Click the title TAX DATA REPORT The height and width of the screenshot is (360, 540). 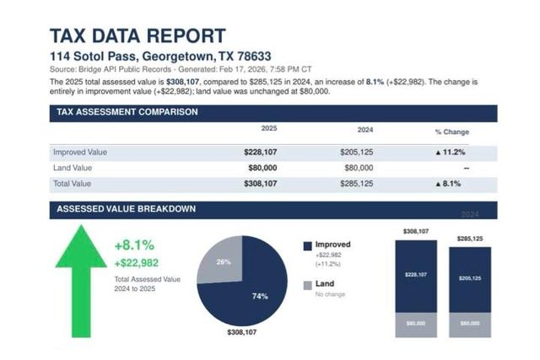pyautogui.click(x=138, y=35)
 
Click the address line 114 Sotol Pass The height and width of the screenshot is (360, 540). pyautogui.click(x=154, y=55)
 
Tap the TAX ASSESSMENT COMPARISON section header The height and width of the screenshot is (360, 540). pyautogui.click(x=123, y=111)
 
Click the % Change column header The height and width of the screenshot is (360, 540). pyautogui.click(x=451, y=132)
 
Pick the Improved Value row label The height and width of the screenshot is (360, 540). pyautogui.click(x=80, y=152)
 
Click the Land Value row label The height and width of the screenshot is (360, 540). pyautogui.click(x=73, y=168)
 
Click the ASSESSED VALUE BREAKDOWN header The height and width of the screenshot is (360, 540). pyautogui.click(x=126, y=209)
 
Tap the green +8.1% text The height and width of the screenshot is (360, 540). pyautogui.click(x=134, y=245)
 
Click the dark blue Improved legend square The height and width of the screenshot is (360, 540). pyautogui.click(x=308, y=245)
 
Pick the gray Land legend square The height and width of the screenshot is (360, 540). pyautogui.click(x=308, y=285)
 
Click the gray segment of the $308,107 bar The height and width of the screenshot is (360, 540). pyautogui.click(x=415, y=324)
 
